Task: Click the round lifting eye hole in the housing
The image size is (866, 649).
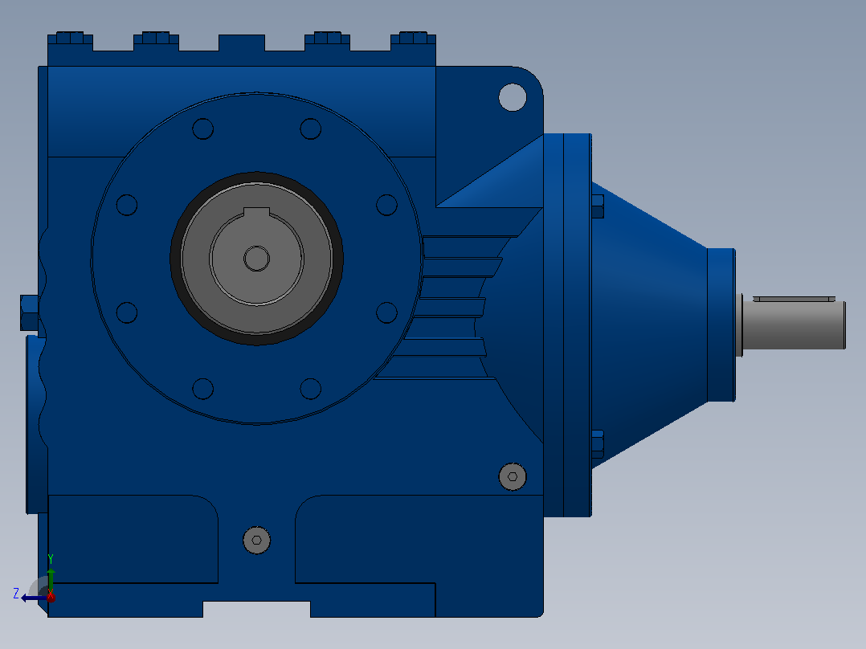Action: pos(513,97)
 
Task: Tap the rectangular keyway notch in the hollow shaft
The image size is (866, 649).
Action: pos(257,213)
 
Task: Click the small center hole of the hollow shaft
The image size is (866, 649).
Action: pos(257,259)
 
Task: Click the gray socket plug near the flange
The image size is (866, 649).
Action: pos(513,476)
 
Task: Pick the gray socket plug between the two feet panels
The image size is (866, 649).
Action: pos(257,541)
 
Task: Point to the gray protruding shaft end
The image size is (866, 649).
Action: pos(793,324)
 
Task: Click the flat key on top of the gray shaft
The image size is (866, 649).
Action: pos(795,299)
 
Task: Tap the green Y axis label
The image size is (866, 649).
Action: pos(51,559)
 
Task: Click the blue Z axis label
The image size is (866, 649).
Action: pos(16,594)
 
